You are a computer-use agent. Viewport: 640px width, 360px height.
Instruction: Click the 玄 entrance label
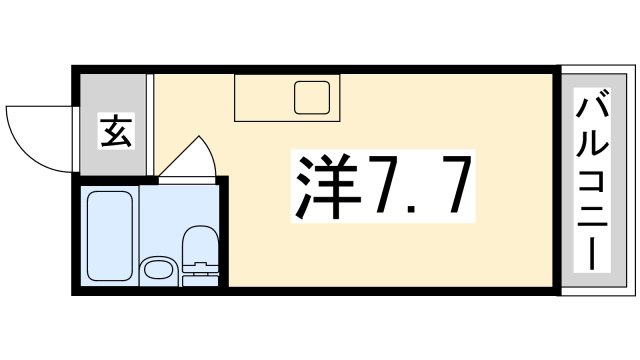coord(116,130)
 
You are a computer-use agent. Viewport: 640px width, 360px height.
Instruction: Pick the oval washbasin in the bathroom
coord(157,268)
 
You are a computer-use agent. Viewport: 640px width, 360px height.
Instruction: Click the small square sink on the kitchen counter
coord(311,97)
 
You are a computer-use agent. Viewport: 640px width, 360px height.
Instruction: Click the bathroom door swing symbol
coord(190,158)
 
